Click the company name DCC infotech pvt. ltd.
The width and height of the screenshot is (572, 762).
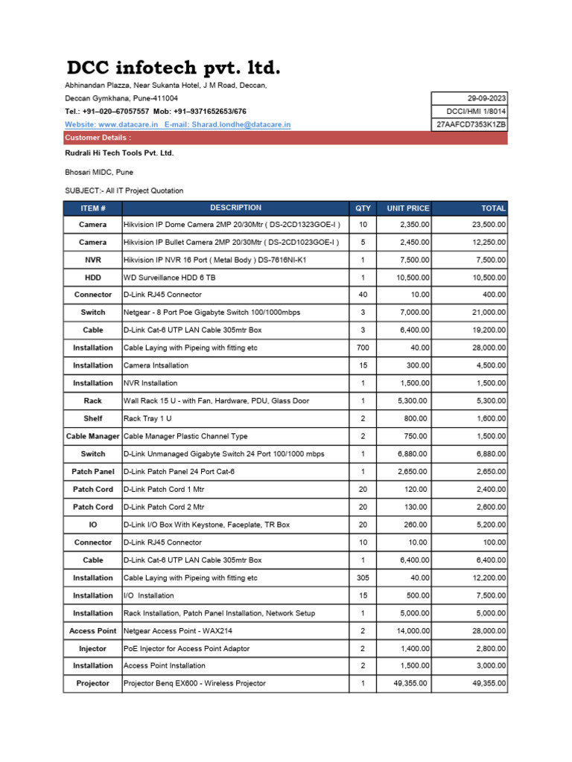pos(173,69)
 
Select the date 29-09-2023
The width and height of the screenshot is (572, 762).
pos(486,98)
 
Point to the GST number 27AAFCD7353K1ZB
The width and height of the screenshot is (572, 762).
pos(471,124)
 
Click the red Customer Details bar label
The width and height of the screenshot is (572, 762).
pos(98,138)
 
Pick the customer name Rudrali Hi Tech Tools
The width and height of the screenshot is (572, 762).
pos(119,153)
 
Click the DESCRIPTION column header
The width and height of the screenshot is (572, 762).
pos(235,208)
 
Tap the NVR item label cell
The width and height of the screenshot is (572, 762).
pos(93,260)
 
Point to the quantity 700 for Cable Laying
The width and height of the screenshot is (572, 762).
pos(363,348)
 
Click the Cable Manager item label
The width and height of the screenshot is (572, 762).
pos(93,436)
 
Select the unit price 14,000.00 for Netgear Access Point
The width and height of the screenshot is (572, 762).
pos(410,630)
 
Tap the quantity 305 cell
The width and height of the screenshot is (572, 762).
pos(363,577)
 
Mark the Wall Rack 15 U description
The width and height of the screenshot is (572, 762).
pos(215,400)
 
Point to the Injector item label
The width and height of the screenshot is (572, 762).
pos(93,648)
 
